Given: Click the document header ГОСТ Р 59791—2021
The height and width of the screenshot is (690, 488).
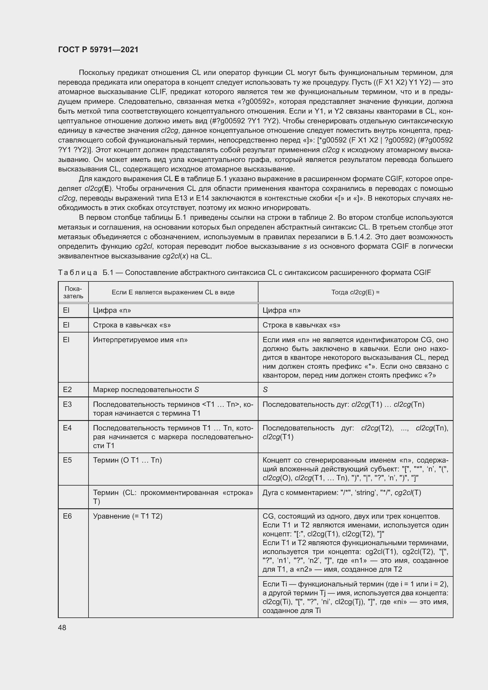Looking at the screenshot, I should point(98,50).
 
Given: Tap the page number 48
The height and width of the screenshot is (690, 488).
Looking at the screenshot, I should point(62,627).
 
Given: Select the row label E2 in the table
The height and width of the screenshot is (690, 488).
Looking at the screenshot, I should point(67,389).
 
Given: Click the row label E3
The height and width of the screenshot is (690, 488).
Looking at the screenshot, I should point(67,404).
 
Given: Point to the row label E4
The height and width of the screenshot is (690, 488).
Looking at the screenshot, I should point(67,428).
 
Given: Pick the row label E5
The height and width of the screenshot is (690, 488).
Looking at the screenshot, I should point(67,460).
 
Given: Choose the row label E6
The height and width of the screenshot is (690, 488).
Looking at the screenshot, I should point(67,516).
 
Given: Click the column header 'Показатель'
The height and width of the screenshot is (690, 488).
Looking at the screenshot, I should point(73,292).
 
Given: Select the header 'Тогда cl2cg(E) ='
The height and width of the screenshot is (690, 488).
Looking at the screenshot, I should point(355,292).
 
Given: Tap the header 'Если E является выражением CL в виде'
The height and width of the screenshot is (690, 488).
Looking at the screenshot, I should point(173,292).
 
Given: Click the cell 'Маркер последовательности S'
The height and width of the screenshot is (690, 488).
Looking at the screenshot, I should point(146,389).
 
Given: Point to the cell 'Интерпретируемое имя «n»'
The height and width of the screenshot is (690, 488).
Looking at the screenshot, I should point(140,340).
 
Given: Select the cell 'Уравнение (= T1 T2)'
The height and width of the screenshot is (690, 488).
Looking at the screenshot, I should point(128,516).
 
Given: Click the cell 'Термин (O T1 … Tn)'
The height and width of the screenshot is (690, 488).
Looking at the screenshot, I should point(127,460).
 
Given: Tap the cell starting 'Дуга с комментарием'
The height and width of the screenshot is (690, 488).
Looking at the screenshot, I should point(341,493).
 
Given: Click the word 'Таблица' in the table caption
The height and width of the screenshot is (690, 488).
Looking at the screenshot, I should point(78,273).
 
